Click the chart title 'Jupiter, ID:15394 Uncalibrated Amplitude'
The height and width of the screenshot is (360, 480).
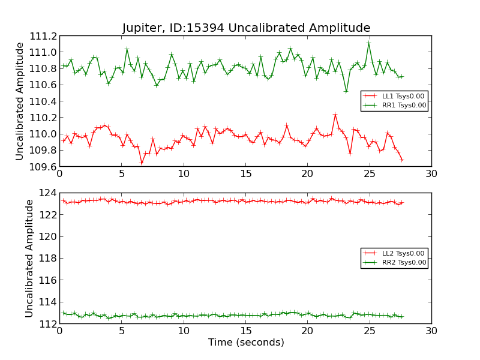[x=246, y=28]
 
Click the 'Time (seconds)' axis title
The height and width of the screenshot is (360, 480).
[x=246, y=343]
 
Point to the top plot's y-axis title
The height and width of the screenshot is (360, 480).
[x=20, y=101]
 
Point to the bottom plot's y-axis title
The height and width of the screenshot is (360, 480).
[x=29, y=258]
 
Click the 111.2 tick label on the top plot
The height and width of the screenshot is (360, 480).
[x=42, y=36]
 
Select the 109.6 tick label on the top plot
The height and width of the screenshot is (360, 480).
[x=42, y=167]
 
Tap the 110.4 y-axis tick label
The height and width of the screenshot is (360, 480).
[x=42, y=101]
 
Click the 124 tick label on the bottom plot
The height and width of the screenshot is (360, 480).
[x=47, y=193]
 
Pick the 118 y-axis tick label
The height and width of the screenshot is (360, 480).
[x=47, y=259]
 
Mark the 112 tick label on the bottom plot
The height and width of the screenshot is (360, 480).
[x=47, y=324]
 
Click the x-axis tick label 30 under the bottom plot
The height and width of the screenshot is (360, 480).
[x=431, y=331]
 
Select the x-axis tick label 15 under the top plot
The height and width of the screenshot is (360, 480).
[x=245, y=173]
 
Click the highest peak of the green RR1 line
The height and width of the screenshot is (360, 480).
[x=368, y=43]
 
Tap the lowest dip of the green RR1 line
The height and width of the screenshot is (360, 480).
[x=346, y=91]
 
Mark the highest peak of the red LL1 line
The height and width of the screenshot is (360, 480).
[x=335, y=114]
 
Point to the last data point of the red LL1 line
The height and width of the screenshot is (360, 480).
[x=401, y=160]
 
